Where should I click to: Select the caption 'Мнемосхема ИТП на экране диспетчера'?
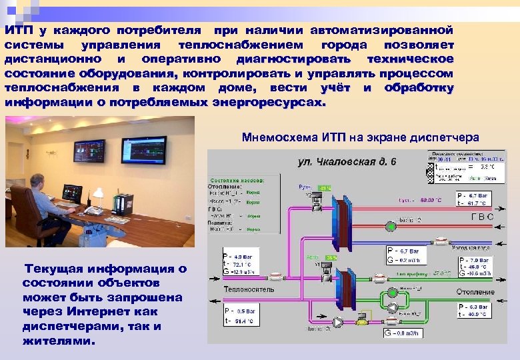[360, 137]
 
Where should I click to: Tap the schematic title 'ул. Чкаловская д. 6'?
[347, 161]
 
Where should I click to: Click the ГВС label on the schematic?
[482, 217]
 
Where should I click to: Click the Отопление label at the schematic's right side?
[475, 292]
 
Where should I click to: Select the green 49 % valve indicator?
[325, 188]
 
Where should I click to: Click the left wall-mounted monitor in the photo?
[89, 153]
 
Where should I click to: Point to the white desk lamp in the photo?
[99, 194]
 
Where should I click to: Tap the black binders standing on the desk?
[123, 204]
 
